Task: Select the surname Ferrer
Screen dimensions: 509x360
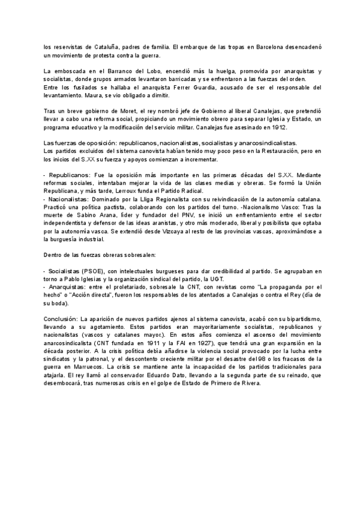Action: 163,87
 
